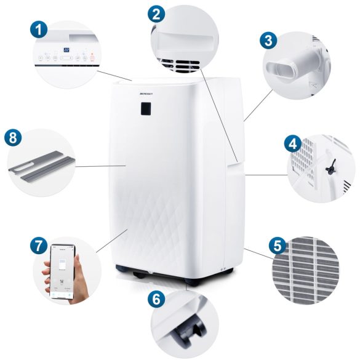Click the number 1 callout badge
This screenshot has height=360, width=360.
(39, 28)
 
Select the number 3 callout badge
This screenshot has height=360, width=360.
(268, 41)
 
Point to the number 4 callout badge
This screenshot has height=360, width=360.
(293, 145)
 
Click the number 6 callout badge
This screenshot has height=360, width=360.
(158, 300)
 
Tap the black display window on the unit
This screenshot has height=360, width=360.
(146, 108)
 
